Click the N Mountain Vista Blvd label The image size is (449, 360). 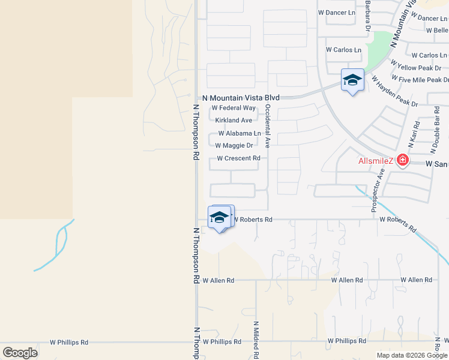[x=241, y=98]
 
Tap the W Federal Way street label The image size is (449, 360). [x=234, y=108]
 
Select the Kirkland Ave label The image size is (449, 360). [x=234, y=121]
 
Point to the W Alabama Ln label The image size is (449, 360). [x=240, y=133]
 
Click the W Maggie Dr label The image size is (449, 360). [x=234, y=145]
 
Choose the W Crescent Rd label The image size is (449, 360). [x=238, y=158]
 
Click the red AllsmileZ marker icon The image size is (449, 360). [x=402, y=160]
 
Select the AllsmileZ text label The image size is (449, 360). [x=376, y=161]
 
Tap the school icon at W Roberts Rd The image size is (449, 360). [x=220, y=217]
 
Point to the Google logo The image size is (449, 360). [x=20, y=353]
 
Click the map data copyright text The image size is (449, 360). [x=412, y=355]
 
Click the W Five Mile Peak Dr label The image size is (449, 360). [x=420, y=79]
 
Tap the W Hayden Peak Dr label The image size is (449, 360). [x=394, y=91]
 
